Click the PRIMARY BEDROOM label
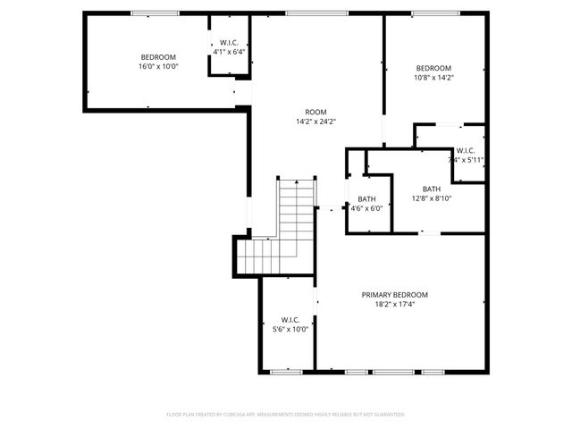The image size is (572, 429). [x=394, y=295]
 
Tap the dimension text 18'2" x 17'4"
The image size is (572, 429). [x=394, y=305]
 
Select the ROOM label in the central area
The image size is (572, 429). [x=309, y=112]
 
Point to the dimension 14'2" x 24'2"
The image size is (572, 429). [x=309, y=122]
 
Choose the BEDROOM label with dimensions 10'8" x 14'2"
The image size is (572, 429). [x=434, y=68]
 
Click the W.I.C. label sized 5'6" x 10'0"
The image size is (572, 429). [x=289, y=319]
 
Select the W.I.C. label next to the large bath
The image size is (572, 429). [x=466, y=150]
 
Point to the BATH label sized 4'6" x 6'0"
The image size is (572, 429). [x=366, y=198]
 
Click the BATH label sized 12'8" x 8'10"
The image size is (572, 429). [x=432, y=189]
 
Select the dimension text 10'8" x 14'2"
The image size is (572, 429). [x=434, y=78]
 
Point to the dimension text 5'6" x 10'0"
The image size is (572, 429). [x=289, y=329]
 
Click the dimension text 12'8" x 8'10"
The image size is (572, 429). [x=432, y=198]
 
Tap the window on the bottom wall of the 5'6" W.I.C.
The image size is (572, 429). [x=286, y=370]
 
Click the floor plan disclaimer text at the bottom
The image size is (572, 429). [x=286, y=415]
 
